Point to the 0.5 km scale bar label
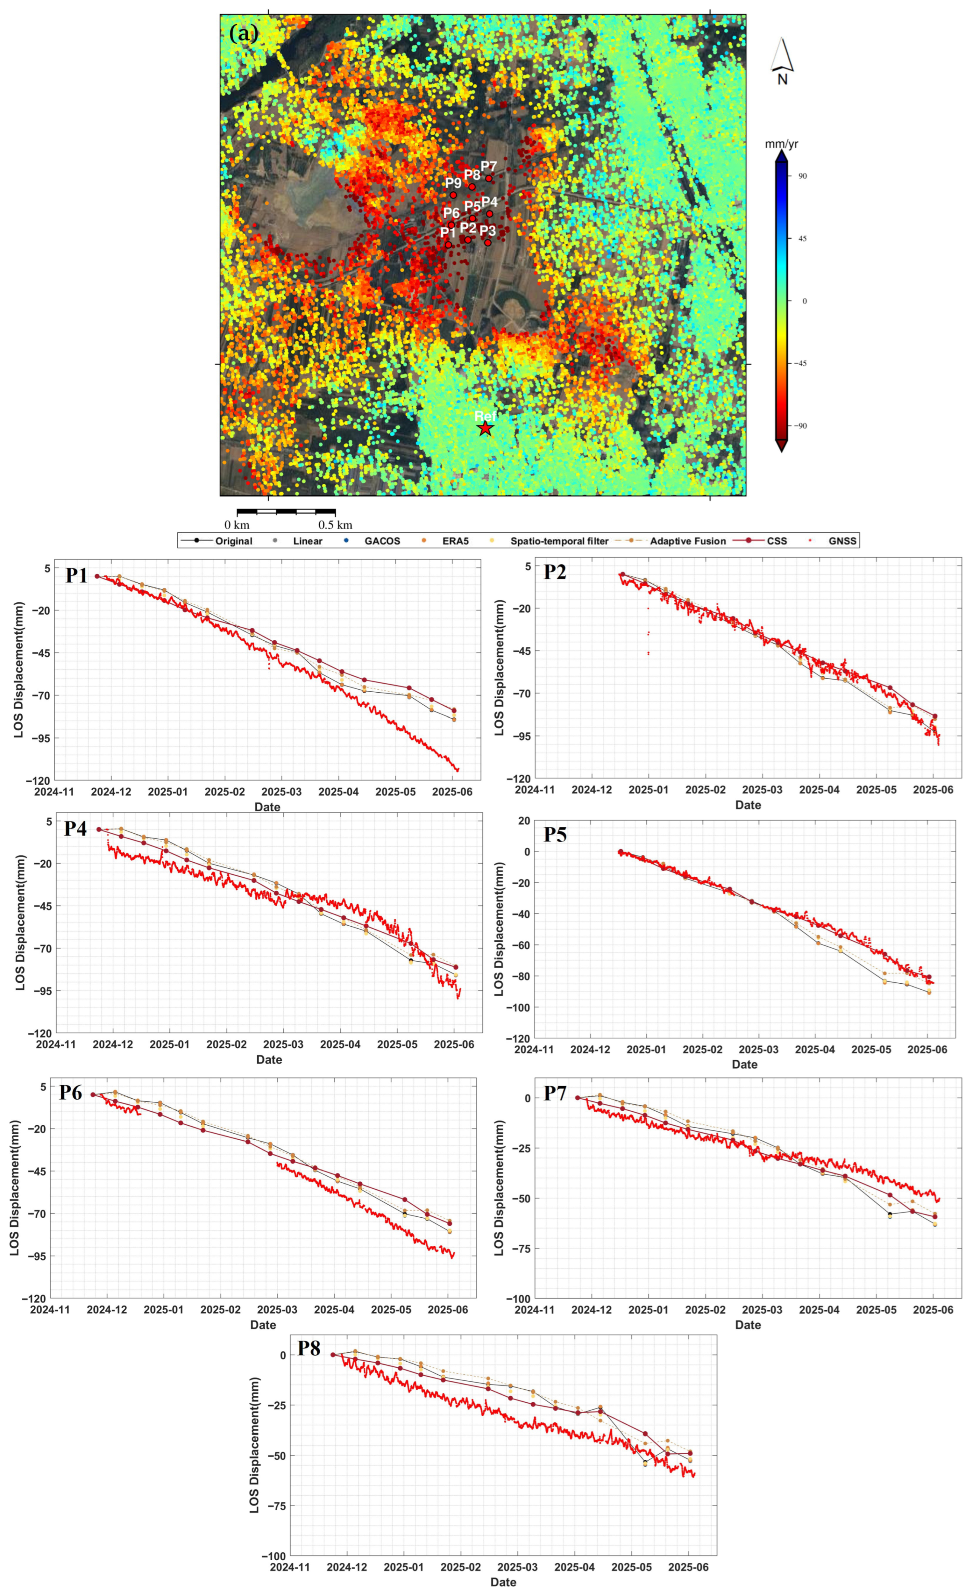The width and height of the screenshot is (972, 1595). (x=335, y=524)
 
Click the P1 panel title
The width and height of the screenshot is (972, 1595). (x=76, y=575)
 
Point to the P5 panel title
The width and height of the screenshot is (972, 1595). (x=555, y=835)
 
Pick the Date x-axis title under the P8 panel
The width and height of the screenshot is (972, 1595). (x=503, y=1582)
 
